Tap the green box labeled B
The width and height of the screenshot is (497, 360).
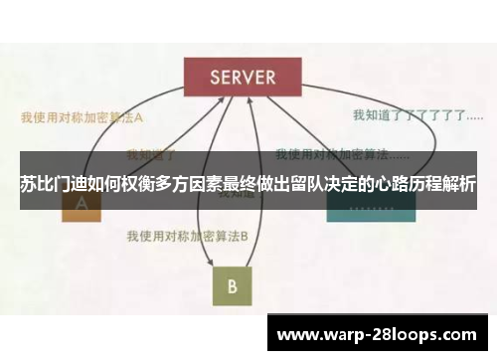coord(232,286)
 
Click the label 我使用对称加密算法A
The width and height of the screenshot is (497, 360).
coord(83,116)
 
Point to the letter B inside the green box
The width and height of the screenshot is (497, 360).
coord(232,286)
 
